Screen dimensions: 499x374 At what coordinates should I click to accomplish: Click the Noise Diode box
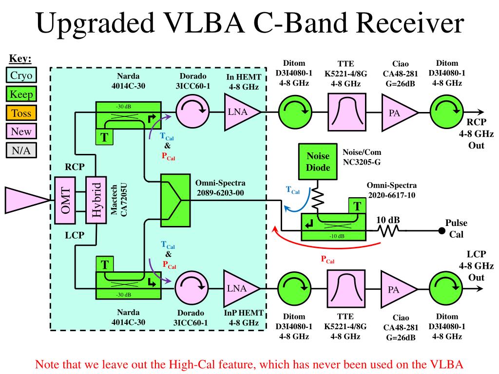pyautogui.click(x=318, y=162)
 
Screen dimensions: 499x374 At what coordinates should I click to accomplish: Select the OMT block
pyautogui.click(x=65, y=200)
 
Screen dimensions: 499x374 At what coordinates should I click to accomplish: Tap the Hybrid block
pyautogui.click(x=96, y=200)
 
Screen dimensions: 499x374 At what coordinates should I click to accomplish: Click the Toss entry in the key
pyautogui.click(x=21, y=113)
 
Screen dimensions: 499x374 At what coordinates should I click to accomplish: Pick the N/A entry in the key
pyautogui.click(x=21, y=150)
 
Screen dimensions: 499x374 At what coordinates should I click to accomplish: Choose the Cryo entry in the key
pyautogui.click(x=21, y=75)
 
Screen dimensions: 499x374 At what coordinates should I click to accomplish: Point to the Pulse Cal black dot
pyautogui.click(x=441, y=231)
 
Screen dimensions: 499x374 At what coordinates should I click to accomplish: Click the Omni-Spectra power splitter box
pyautogui.click(x=175, y=200)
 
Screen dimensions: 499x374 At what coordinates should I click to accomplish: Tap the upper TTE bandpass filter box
pyautogui.click(x=347, y=112)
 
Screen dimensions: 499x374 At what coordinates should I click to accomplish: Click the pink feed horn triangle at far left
pyautogui.click(x=27, y=200)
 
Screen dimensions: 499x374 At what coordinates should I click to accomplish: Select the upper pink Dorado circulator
pyautogui.click(x=192, y=112)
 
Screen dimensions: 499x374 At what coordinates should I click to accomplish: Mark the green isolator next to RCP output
pyautogui.click(x=446, y=112)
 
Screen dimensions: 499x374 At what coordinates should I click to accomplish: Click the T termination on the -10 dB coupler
pyautogui.click(x=357, y=206)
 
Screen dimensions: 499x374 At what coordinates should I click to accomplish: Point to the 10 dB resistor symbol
pyautogui.click(x=389, y=231)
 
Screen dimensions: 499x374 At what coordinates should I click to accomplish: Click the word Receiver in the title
pyautogui.click(x=410, y=23)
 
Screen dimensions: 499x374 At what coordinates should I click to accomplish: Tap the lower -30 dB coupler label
pyautogui.click(x=123, y=295)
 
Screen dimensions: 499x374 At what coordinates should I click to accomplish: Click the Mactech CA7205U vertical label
pyautogui.click(x=119, y=200)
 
